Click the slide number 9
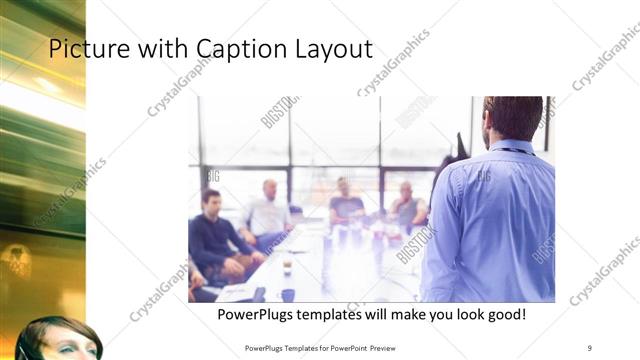pyautogui.click(x=590, y=347)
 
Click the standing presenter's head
pyautogui.click(x=511, y=116)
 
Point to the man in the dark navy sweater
pyautogui.click(x=213, y=235)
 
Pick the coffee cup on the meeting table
pyautogui.click(x=287, y=267)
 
